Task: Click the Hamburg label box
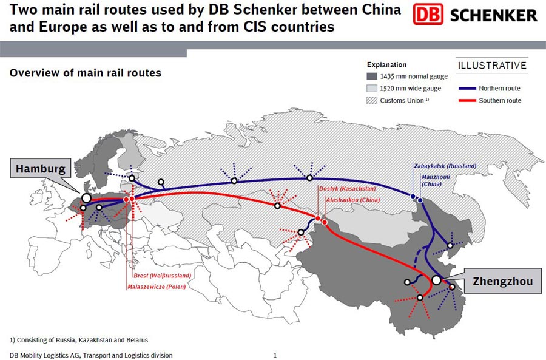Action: click(41, 168)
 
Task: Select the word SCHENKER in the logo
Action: click(493, 15)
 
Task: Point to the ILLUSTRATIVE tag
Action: click(492, 65)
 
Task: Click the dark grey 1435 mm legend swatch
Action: click(371, 76)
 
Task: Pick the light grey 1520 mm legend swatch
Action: click(371, 89)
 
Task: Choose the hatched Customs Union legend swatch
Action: click(371, 100)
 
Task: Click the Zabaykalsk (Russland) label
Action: click(445, 165)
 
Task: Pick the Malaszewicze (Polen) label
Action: click(156, 287)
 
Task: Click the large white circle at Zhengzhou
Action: click(436, 280)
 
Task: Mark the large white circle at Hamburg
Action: click(86, 198)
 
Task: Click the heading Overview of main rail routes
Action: click(86, 73)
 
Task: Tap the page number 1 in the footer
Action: click(275, 355)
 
